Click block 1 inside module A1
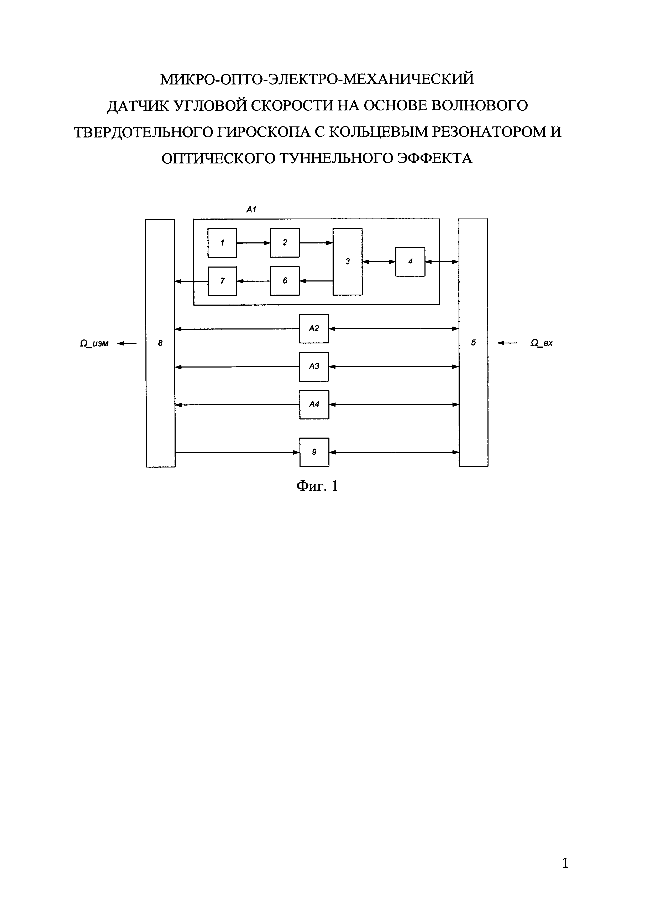[222, 242]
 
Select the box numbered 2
[285, 242]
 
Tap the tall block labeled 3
[348, 262]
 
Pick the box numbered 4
[410, 262]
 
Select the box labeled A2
[314, 328]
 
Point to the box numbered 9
[314, 452]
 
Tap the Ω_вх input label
[542, 343]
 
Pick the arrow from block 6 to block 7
[253, 281]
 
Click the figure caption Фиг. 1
[317, 486]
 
